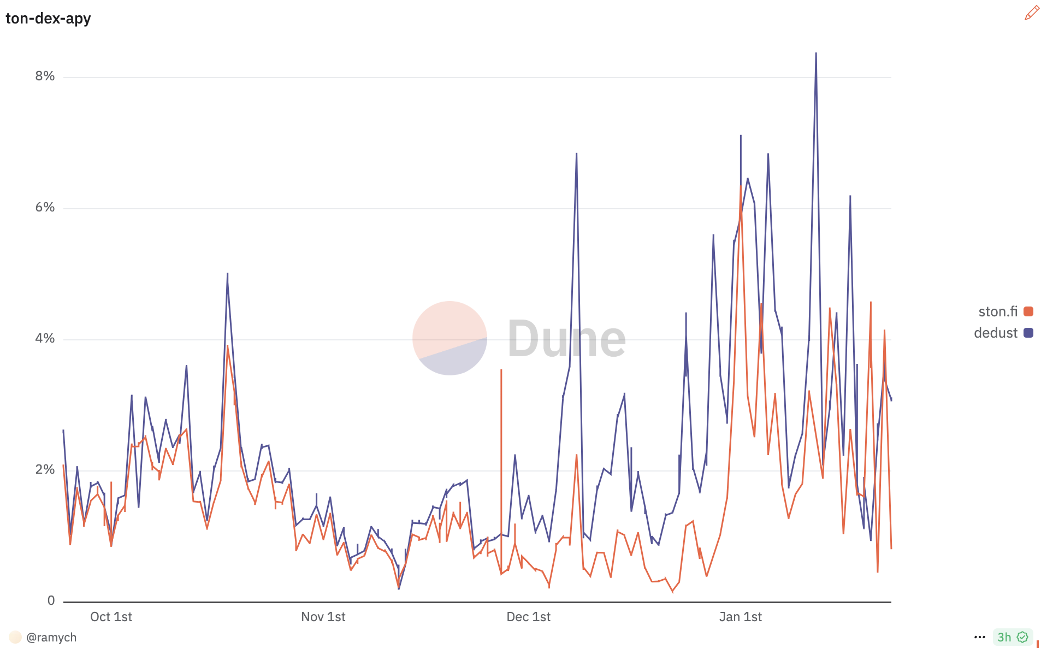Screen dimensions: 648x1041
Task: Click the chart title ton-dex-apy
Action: (x=48, y=19)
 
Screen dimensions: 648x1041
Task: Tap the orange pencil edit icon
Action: (x=1032, y=13)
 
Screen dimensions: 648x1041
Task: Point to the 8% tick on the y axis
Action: (x=45, y=76)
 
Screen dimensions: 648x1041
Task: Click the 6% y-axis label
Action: (x=45, y=207)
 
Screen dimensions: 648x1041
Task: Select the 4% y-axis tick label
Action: (x=45, y=338)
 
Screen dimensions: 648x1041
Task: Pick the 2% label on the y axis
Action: (x=45, y=469)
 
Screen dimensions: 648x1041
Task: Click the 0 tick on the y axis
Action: (x=51, y=600)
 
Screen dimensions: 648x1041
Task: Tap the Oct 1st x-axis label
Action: (x=111, y=617)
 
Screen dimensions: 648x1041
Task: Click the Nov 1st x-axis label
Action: (x=323, y=617)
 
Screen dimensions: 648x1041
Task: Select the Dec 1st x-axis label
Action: (x=528, y=617)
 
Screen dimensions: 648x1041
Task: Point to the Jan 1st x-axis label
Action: (x=740, y=617)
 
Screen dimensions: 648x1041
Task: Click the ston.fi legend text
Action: (x=997, y=311)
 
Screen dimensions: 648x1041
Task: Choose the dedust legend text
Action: (x=995, y=333)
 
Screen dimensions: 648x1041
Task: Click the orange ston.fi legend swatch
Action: (x=1028, y=311)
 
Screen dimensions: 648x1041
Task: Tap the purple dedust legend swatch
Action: (x=1028, y=333)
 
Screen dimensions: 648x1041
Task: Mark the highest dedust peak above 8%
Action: (x=816, y=54)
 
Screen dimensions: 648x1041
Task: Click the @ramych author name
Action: (x=51, y=637)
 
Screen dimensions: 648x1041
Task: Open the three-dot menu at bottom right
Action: (x=980, y=637)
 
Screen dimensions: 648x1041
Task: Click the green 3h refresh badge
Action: (x=1012, y=637)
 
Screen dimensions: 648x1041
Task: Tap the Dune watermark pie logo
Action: (x=449, y=338)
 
